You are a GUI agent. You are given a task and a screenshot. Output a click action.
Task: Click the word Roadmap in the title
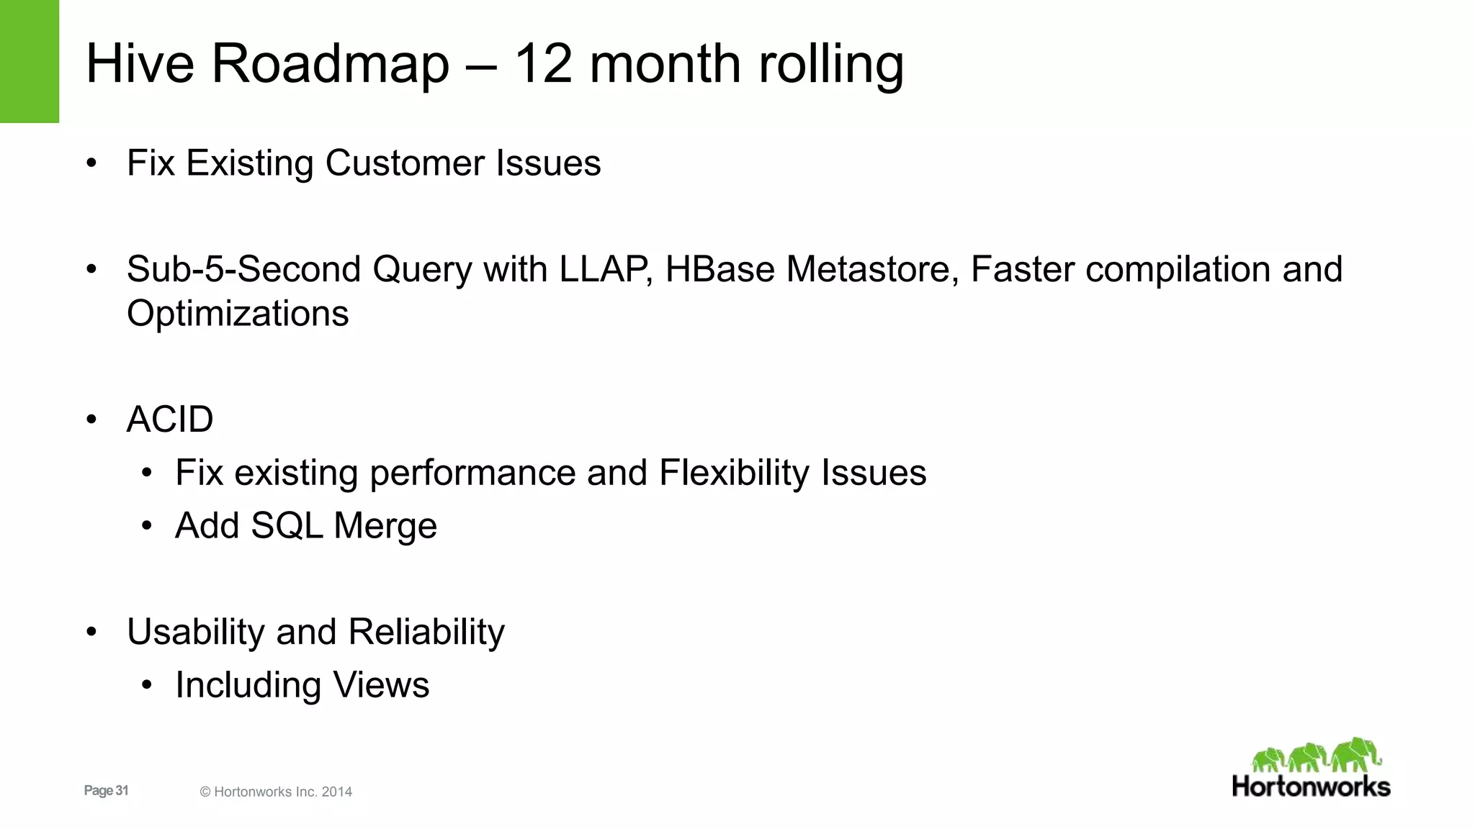click(x=330, y=65)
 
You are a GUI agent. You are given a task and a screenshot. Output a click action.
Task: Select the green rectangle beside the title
click(x=29, y=61)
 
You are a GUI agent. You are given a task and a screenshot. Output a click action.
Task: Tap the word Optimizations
click(x=238, y=314)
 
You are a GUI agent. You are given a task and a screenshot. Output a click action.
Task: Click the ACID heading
click(x=170, y=420)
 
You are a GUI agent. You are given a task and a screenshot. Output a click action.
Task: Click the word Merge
click(x=385, y=526)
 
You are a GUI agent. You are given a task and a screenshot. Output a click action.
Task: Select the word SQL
click(x=285, y=526)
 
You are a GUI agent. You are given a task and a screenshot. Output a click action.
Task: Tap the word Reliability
click(x=426, y=633)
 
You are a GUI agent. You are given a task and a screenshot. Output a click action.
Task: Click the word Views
click(x=381, y=685)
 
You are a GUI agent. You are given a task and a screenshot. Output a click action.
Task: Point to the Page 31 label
click(x=106, y=791)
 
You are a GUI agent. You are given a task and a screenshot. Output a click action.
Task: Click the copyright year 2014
click(x=337, y=792)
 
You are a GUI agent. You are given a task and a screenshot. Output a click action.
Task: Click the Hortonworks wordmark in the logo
click(x=1311, y=787)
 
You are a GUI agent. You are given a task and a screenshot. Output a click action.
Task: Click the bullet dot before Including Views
click(x=147, y=685)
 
